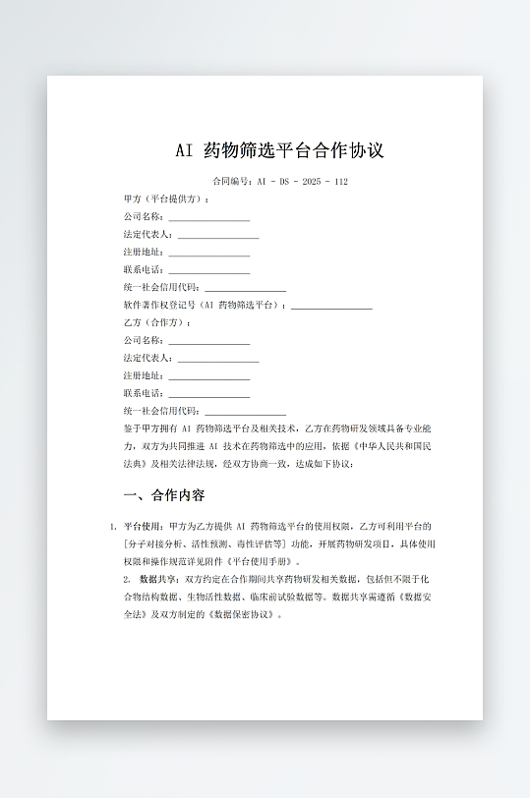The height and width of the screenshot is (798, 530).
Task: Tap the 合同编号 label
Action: (232, 182)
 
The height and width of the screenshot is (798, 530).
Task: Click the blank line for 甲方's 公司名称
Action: (208, 217)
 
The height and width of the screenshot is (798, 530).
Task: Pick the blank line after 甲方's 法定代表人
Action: (217, 235)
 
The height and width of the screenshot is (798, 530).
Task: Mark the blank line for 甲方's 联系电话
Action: (208, 270)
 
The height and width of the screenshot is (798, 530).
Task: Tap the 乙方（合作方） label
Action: (157, 322)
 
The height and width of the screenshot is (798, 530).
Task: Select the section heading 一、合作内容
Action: (164, 494)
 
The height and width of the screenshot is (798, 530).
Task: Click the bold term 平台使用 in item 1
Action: (144, 527)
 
